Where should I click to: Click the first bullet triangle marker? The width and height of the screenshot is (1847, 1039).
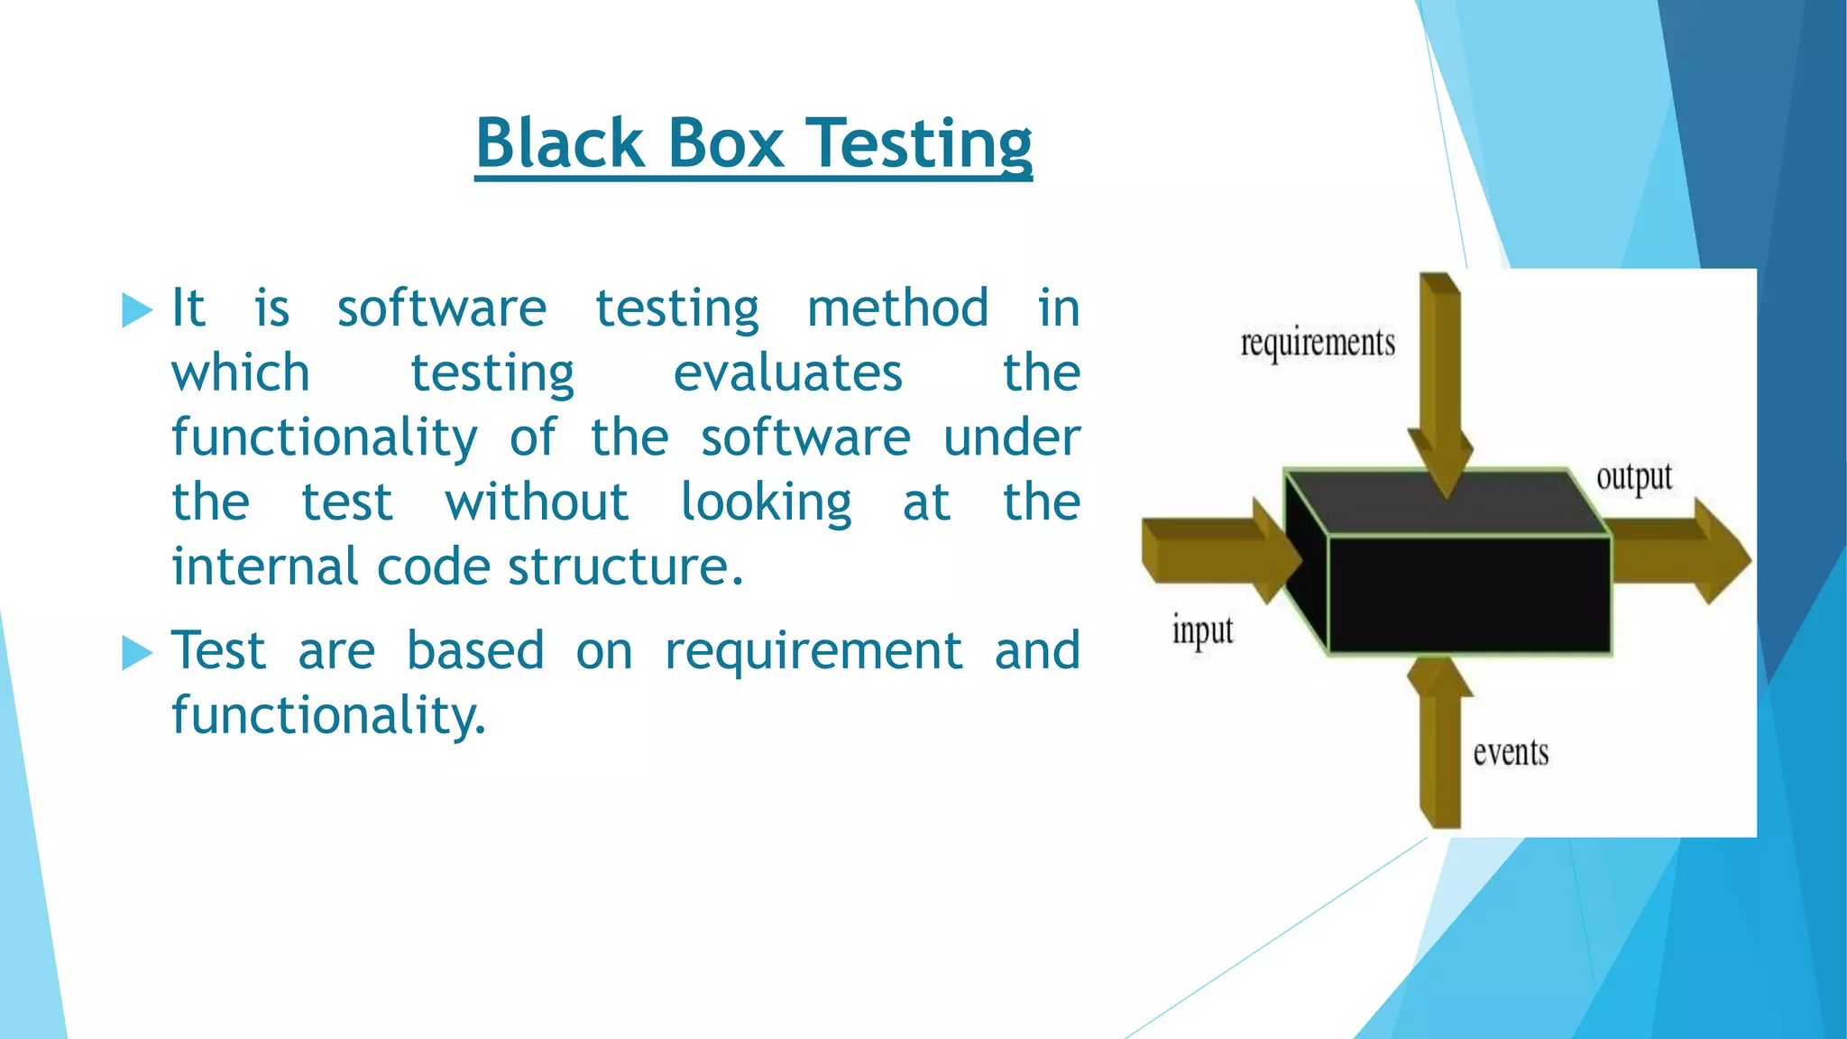pos(137,310)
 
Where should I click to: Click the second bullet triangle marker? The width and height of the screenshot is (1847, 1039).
pos(137,652)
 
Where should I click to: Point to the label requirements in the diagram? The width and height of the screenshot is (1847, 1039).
pos(1318,344)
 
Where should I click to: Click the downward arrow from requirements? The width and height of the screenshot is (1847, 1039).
pos(1440,379)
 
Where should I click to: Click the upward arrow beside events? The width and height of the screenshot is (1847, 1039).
pos(1440,749)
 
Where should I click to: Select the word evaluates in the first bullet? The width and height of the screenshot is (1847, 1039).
pos(787,373)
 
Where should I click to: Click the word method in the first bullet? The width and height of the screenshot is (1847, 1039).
pos(897,308)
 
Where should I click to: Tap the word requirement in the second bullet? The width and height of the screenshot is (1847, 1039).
pos(813,651)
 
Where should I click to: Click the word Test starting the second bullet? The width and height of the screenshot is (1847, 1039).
pos(219,651)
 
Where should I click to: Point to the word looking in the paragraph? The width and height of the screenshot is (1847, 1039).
pos(766,503)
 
